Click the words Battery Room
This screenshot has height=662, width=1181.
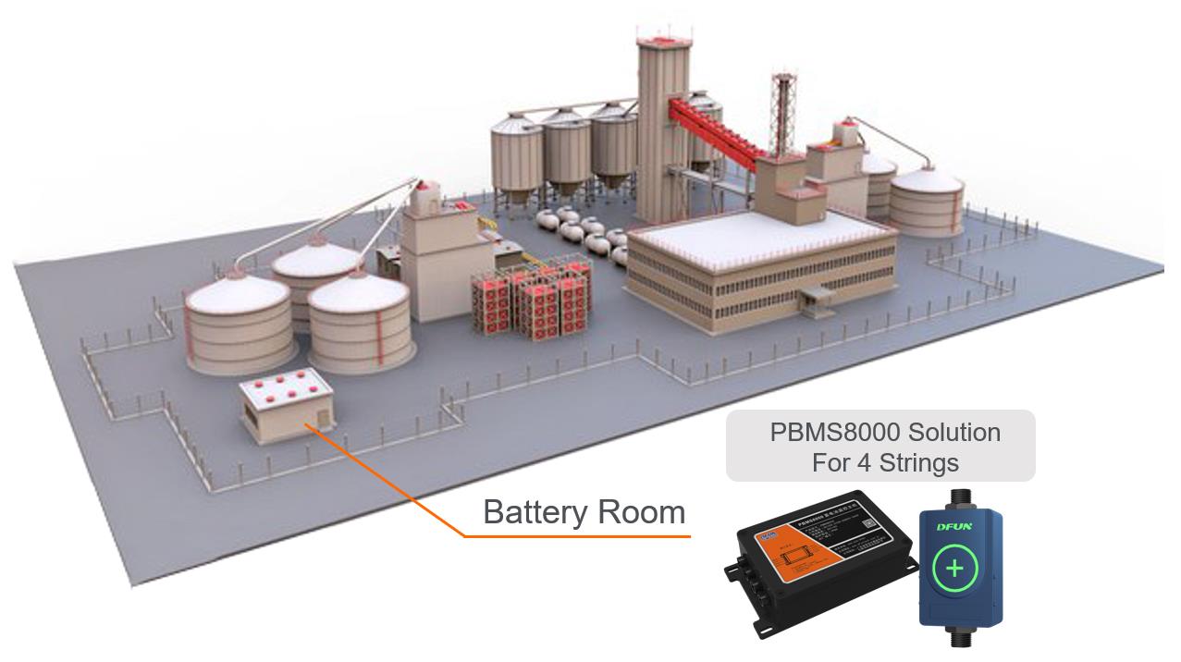[x=584, y=511]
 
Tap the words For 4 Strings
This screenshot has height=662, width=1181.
[x=884, y=461]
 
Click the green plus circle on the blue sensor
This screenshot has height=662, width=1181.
[x=954, y=567]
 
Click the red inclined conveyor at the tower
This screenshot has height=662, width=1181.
[x=717, y=129]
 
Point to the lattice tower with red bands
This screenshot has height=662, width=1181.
[x=783, y=111]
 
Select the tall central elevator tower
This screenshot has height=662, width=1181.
[x=664, y=102]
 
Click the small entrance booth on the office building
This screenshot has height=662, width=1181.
[x=817, y=300]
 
